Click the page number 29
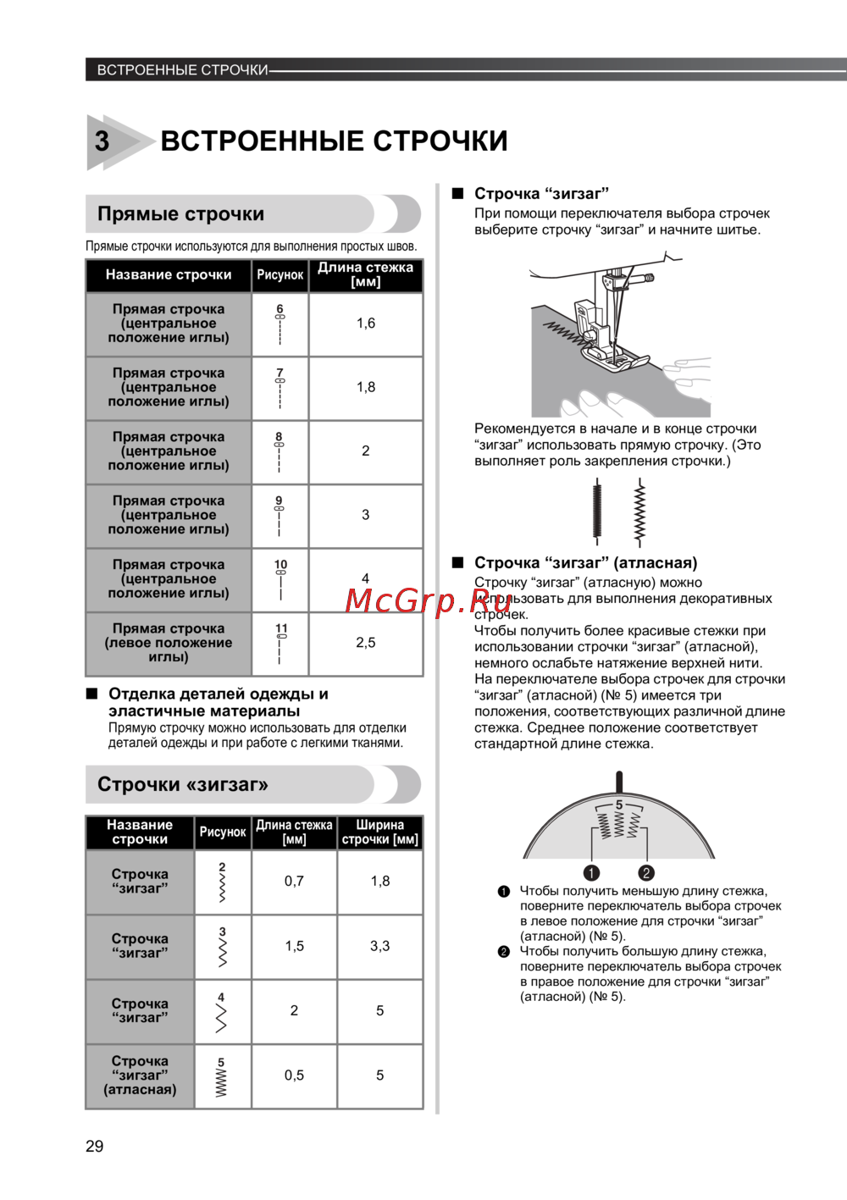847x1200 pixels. [94, 1146]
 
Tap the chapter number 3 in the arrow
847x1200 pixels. [102, 141]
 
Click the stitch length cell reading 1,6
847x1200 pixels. [366, 324]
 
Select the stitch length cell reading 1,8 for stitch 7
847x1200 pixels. [366, 387]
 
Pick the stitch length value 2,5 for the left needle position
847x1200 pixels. [366, 643]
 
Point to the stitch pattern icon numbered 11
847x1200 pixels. [281, 643]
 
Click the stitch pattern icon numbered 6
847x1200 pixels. [280, 324]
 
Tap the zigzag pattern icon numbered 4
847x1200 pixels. [222, 1011]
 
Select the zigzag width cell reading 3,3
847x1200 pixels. [379, 946]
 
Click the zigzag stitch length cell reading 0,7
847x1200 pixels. [294, 882]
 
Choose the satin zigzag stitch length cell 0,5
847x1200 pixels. [294, 1076]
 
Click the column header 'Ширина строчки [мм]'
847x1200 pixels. [379, 832]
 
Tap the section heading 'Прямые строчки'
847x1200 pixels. [180, 214]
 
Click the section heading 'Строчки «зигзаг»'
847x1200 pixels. [183, 784]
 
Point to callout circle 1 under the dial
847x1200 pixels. [591, 872]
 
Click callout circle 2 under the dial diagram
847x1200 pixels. [646, 872]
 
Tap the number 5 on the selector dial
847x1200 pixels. [619, 805]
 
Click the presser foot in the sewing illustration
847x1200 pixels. [610, 351]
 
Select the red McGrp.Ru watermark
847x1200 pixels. [417, 600]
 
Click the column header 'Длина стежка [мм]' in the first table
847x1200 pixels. [366, 274]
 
